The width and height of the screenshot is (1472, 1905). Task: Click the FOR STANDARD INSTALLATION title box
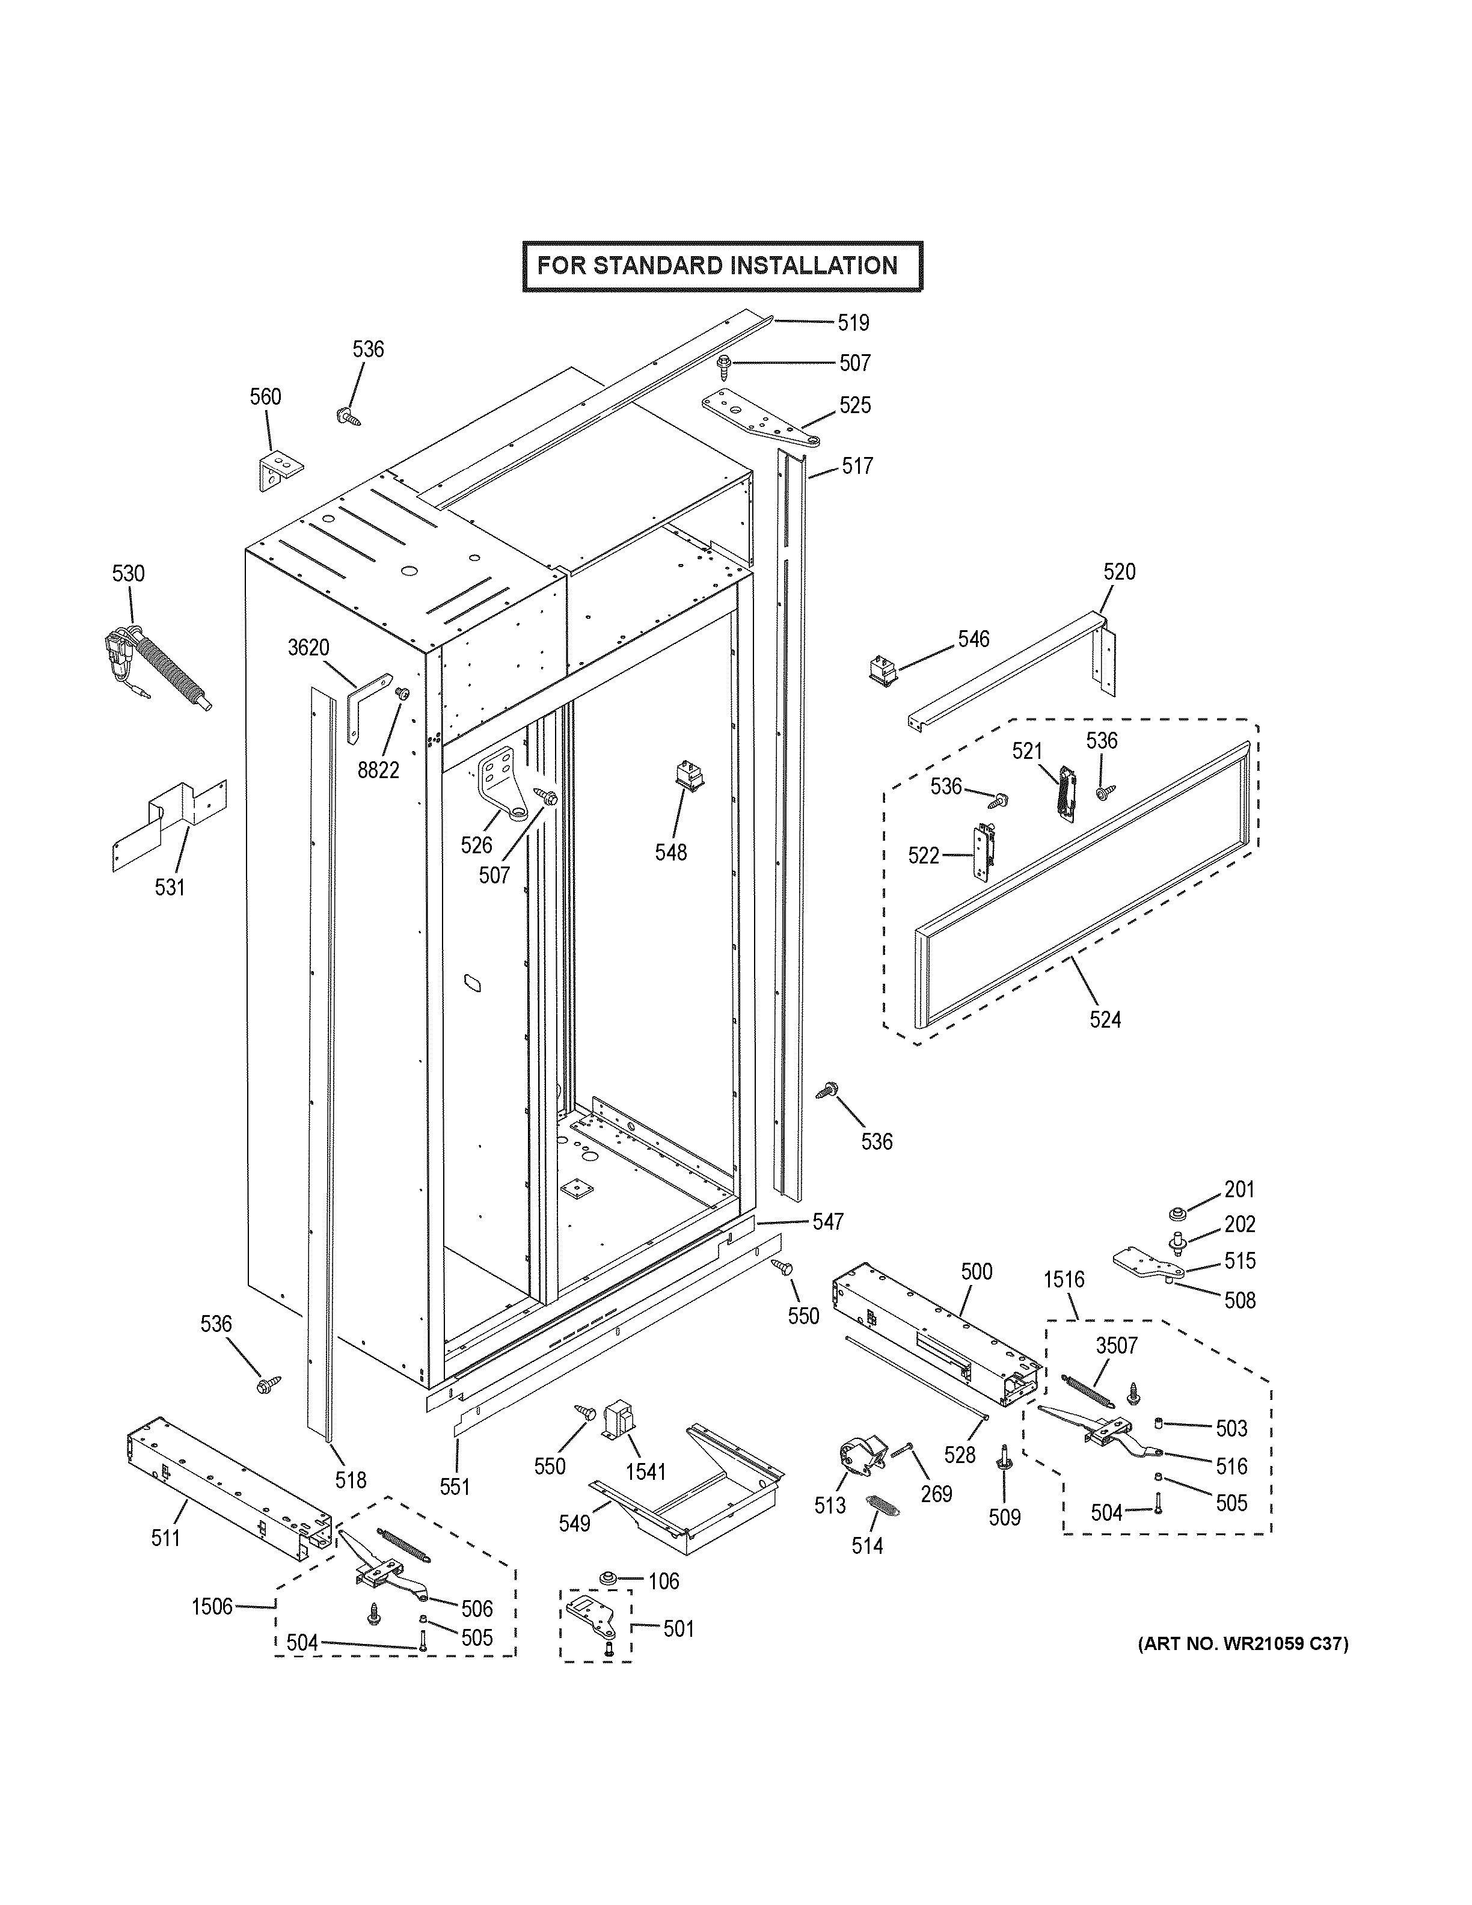coord(722,266)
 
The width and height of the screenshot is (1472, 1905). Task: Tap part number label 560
coord(265,397)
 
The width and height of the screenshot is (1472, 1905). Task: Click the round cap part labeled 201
coord(1178,1213)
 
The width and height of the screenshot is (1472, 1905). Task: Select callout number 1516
coord(1064,1280)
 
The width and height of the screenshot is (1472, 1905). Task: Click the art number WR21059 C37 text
coord(1243,1645)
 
